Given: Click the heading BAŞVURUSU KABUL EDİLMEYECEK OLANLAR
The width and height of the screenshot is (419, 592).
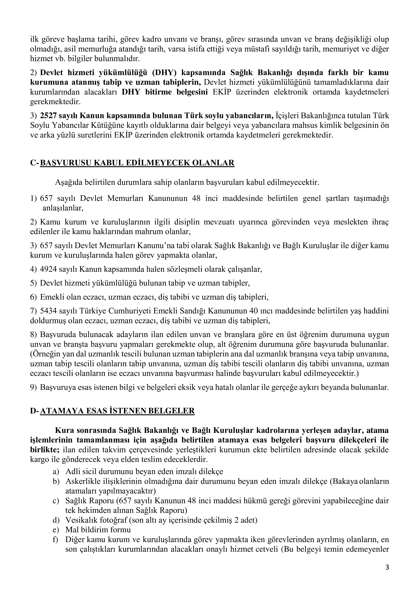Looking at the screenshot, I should [x=137, y=163].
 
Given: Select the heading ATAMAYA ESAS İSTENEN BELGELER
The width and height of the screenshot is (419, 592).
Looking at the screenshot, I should [x=117, y=411].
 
